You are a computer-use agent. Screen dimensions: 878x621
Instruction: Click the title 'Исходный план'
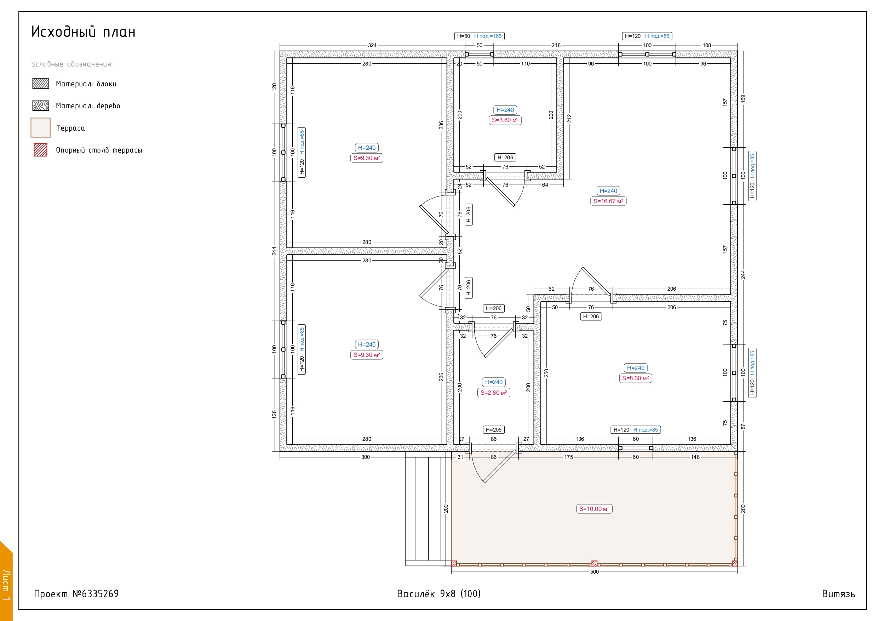pyautogui.click(x=84, y=32)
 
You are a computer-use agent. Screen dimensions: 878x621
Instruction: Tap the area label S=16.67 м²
pyautogui.click(x=608, y=201)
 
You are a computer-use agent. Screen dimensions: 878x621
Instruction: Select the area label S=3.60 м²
pyautogui.click(x=505, y=120)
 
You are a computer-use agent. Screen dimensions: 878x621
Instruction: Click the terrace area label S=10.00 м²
pyautogui.click(x=594, y=509)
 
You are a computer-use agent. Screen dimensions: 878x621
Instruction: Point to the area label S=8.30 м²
pyautogui.click(x=635, y=378)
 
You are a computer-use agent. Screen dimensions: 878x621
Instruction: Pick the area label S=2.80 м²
pyautogui.click(x=494, y=393)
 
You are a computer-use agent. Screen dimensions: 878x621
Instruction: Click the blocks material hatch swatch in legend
pyautogui.click(x=41, y=84)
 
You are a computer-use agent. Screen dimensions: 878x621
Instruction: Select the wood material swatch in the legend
pyautogui.click(x=41, y=106)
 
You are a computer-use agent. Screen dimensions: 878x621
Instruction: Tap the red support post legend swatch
pyautogui.click(x=41, y=150)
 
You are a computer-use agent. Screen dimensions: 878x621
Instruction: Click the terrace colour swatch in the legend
pyautogui.click(x=41, y=127)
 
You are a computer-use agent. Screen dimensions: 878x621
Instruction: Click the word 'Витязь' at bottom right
pyautogui.click(x=838, y=594)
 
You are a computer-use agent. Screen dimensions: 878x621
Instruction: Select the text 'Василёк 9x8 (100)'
pyautogui.click(x=438, y=594)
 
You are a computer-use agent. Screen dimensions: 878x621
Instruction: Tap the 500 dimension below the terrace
pyautogui.click(x=594, y=572)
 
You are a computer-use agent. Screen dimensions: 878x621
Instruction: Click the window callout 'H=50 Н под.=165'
pyautogui.click(x=480, y=36)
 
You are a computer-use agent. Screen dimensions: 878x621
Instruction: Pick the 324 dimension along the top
pyautogui.click(x=372, y=45)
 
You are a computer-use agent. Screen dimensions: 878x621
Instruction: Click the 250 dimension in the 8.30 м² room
pyautogui.click(x=546, y=373)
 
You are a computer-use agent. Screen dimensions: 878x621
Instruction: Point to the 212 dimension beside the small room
pyautogui.click(x=569, y=118)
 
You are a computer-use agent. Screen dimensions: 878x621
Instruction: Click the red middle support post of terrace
pyautogui.click(x=594, y=563)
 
